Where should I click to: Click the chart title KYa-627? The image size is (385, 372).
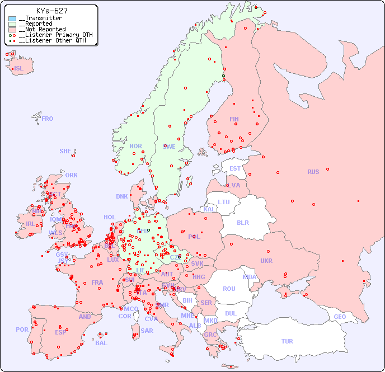[52, 11]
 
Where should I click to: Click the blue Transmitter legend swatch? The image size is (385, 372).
[12, 18]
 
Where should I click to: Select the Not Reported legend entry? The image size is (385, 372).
[42, 29]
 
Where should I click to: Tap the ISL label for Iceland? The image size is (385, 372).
[19, 69]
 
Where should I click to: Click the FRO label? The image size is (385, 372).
[48, 119]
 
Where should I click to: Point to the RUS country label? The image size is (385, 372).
[313, 172]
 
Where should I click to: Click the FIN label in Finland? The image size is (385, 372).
[234, 119]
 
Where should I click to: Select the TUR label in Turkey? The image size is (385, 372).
[287, 341]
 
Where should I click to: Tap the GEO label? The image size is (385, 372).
[340, 317]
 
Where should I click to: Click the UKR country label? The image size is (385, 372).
[266, 261]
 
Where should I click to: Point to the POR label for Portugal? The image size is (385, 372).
[22, 329]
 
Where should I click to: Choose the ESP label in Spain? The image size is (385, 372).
[60, 332]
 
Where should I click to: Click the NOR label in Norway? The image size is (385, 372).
[135, 146]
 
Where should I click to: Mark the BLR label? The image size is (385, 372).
[242, 222]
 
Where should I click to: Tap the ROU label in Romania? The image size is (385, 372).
[229, 289]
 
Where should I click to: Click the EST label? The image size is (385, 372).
[235, 168]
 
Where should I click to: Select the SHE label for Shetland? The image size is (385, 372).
[65, 151]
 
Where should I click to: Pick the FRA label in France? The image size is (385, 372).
[97, 282]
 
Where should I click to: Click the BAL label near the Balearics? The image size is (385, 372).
[101, 343]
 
